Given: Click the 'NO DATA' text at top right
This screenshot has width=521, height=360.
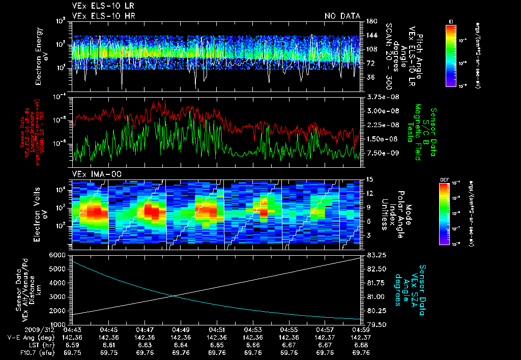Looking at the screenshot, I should coord(342,16).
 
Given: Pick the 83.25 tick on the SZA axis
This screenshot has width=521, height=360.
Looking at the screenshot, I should coord(374,255).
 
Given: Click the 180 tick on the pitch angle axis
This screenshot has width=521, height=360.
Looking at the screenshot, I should coord(370,21).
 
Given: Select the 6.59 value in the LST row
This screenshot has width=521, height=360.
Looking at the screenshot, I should coord(73,345).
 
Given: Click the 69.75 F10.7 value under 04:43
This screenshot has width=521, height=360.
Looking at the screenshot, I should coord(73,352).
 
